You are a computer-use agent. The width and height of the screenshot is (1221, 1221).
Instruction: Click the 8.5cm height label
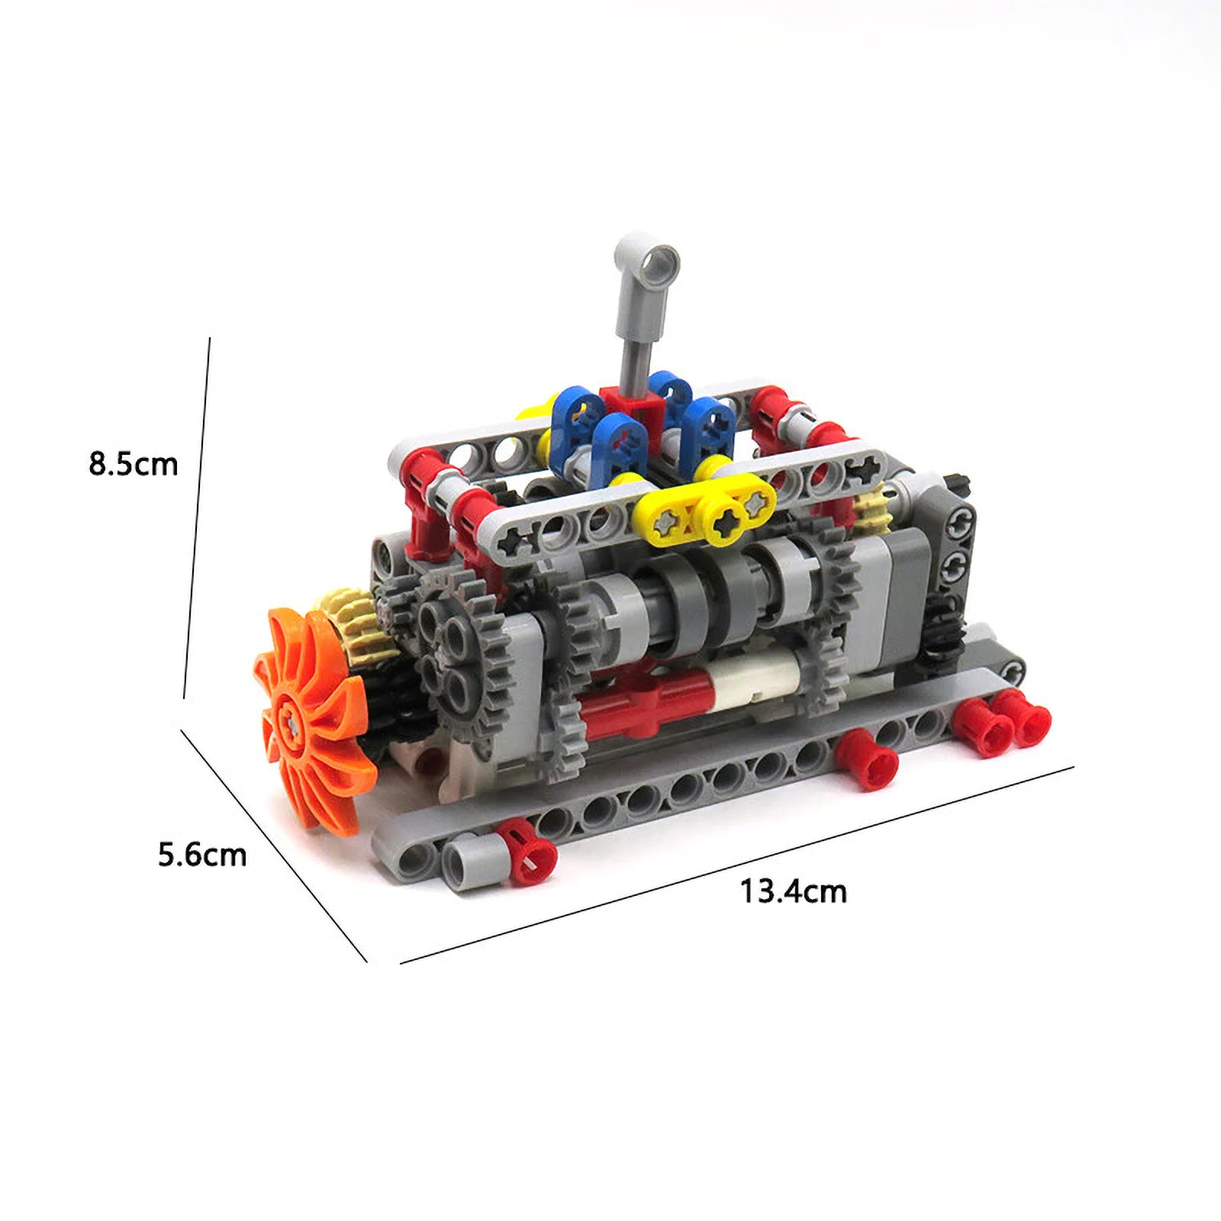tap(134, 464)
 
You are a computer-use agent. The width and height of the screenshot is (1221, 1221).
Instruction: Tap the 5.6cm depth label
tap(202, 854)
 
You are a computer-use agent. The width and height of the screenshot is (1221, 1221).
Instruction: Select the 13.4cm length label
tap(794, 891)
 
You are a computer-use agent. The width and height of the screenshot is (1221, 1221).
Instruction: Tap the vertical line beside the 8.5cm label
tap(197, 519)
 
